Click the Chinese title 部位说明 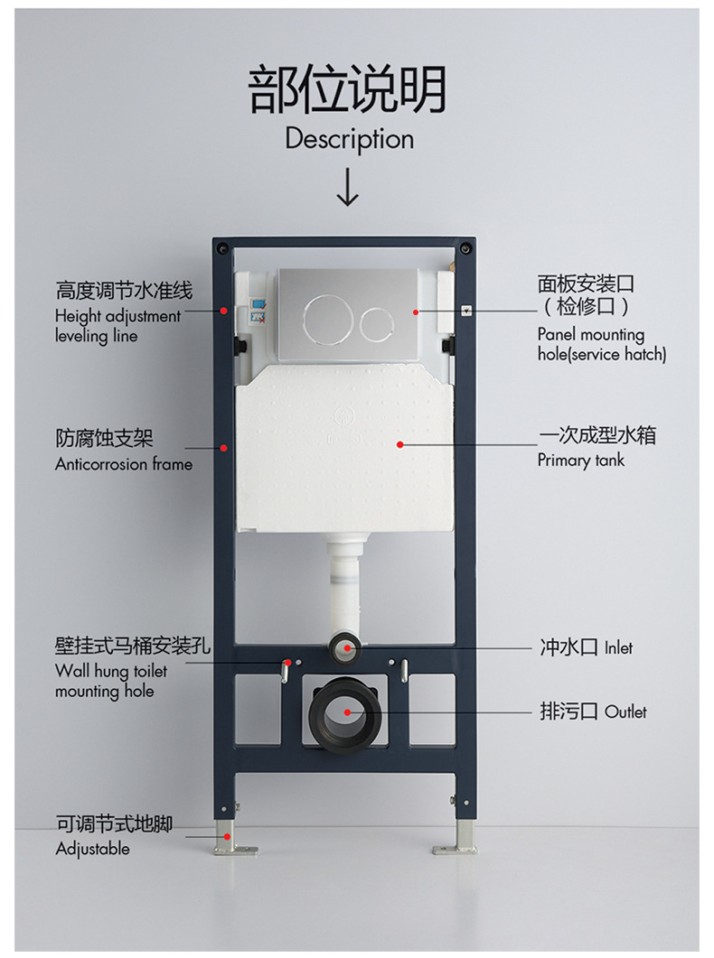click(348, 90)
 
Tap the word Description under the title click(349, 139)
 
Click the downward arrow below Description click(348, 186)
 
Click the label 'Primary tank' click(580, 460)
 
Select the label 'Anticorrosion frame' click(124, 464)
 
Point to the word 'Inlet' click(618, 647)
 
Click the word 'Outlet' click(625, 712)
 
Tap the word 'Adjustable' click(92, 849)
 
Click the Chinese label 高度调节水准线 click(124, 291)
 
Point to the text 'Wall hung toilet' click(110, 671)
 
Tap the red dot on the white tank click(399, 444)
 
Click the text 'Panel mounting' click(591, 334)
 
